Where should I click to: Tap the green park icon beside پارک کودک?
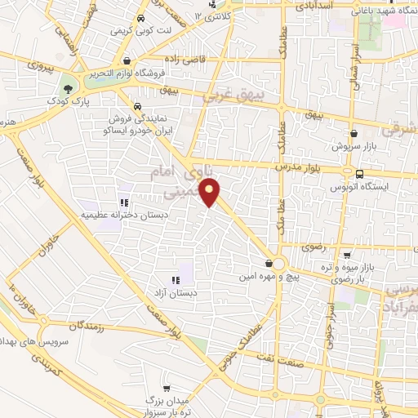click(x=67, y=88)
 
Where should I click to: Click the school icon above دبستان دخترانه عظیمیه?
click(x=123, y=202)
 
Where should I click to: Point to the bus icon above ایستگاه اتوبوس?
click(x=360, y=173)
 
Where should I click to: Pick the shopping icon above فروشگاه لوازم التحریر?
click(x=127, y=60)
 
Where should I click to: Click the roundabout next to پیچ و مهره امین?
click(x=278, y=263)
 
